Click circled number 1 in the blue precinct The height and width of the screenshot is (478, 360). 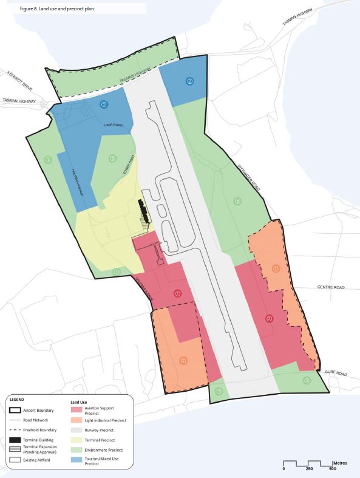click(x=104, y=104)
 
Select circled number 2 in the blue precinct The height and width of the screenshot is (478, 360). click(x=189, y=81)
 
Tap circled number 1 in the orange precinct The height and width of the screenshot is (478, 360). click(x=276, y=268)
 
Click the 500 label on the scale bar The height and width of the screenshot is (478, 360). click(x=333, y=469)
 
